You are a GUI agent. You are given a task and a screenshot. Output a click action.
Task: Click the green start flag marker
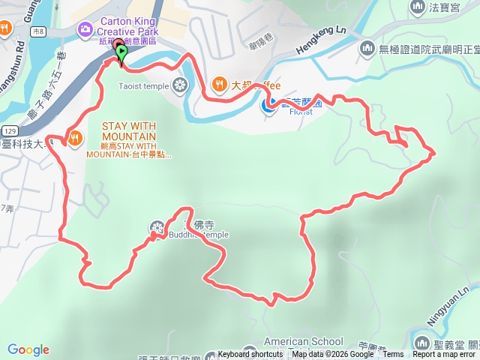tap(121, 52)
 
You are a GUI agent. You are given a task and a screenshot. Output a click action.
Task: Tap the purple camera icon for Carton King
tap(85, 30)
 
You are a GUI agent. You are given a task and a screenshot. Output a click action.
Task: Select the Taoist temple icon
tap(179, 85)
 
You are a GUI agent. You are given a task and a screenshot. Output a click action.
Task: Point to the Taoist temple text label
tap(143, 86)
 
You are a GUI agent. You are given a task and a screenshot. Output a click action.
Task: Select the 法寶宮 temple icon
tap(418, 8)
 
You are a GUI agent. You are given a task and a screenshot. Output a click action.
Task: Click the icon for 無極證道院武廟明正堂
tap(367, 49)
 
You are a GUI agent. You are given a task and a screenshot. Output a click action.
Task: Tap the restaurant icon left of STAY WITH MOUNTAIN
tap(75, 138)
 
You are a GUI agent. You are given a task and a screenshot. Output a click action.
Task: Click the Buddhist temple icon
tap(157, 226)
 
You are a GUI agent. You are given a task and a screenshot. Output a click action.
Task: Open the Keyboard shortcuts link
tap(250, 354)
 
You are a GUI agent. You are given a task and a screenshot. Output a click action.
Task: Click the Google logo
tap(28, 349)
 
